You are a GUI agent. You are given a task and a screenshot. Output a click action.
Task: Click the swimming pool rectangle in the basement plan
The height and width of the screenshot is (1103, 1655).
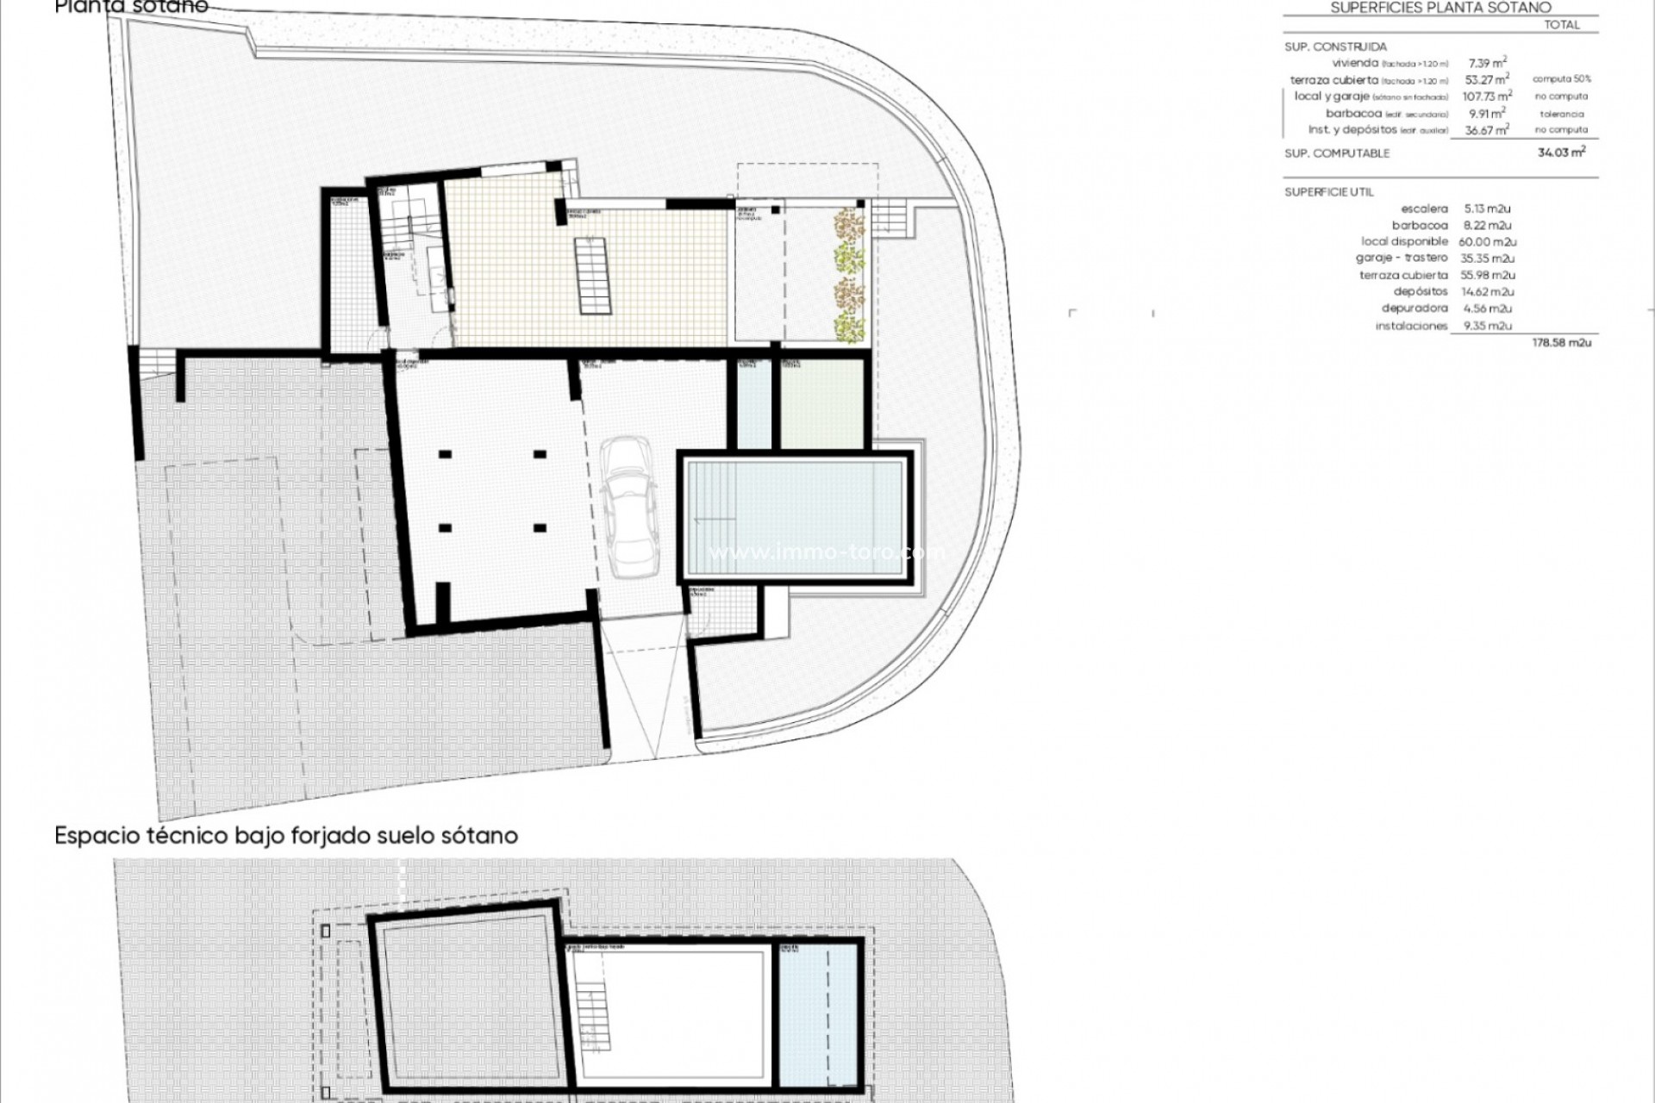pos(795,518)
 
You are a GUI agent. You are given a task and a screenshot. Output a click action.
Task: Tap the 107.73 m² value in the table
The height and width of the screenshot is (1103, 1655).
pos(1487,97)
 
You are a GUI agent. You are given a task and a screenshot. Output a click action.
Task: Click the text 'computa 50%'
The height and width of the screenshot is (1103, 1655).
pos(1562,79)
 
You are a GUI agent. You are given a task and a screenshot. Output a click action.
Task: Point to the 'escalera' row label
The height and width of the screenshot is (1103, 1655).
pos(1424,209)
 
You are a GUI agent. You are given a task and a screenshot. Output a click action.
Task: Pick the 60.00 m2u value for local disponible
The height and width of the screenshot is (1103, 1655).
pos(1487,242)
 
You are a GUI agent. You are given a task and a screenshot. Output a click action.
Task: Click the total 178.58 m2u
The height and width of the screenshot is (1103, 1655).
pos(1561,343)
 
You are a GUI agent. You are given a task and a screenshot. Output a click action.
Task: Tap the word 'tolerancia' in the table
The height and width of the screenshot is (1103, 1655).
pos(1562,114)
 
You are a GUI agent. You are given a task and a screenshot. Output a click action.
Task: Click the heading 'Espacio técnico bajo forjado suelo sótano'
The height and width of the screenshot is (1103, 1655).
pos(286,836)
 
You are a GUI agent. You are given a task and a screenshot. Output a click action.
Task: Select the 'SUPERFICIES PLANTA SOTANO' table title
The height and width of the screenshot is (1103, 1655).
pos(1440,8)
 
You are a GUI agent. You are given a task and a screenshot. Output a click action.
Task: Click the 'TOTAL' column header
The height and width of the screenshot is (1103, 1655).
pos(1562,25)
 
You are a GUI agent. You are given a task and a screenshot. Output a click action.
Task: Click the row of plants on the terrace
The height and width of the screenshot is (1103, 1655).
pos(849,274)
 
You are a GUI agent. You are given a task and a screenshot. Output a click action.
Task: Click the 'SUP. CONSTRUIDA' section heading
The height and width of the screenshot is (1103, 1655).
pos(1335,47)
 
